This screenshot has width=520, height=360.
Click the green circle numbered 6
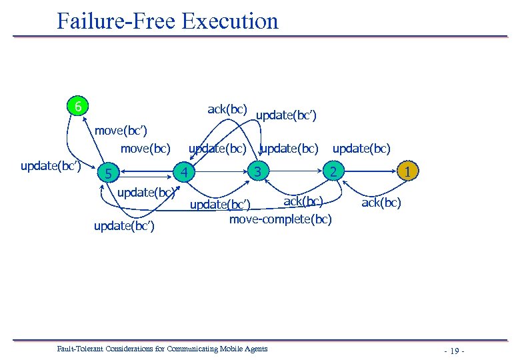pos(79,107)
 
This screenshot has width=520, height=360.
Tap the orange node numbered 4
pos(189,172)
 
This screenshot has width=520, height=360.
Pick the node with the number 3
pos(257,171)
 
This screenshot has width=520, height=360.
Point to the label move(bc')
pos(121,129)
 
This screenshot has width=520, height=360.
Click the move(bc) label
pos(145,147)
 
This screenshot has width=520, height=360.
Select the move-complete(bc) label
pos(280,218)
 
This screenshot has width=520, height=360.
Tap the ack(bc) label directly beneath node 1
pos(381,203)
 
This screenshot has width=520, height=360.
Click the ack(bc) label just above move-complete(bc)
pos(303,201)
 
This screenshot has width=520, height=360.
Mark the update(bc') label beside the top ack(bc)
pos(286,116)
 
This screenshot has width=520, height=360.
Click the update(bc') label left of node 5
pos(51,165)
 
